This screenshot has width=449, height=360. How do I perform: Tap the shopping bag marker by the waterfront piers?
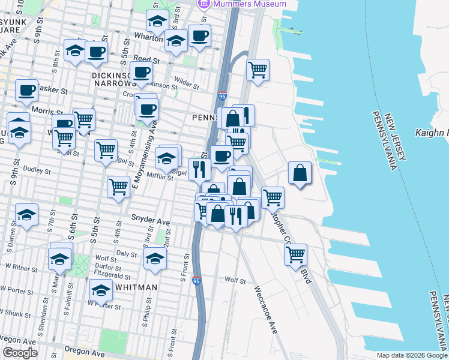[300, 173]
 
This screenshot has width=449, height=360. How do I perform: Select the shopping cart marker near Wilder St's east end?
[258, 70]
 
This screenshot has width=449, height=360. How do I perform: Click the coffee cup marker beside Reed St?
[142, 73]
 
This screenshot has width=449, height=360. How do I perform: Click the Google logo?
[20, 353]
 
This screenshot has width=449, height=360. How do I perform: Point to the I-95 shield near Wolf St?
[197, 280]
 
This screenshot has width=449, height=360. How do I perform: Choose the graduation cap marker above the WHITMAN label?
[101, 291]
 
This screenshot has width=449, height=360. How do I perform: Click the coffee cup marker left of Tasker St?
[26, 91]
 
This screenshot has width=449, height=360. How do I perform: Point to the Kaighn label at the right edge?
[432, 131]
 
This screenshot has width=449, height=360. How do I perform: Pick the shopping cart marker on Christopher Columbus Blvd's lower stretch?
[295, 254]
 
